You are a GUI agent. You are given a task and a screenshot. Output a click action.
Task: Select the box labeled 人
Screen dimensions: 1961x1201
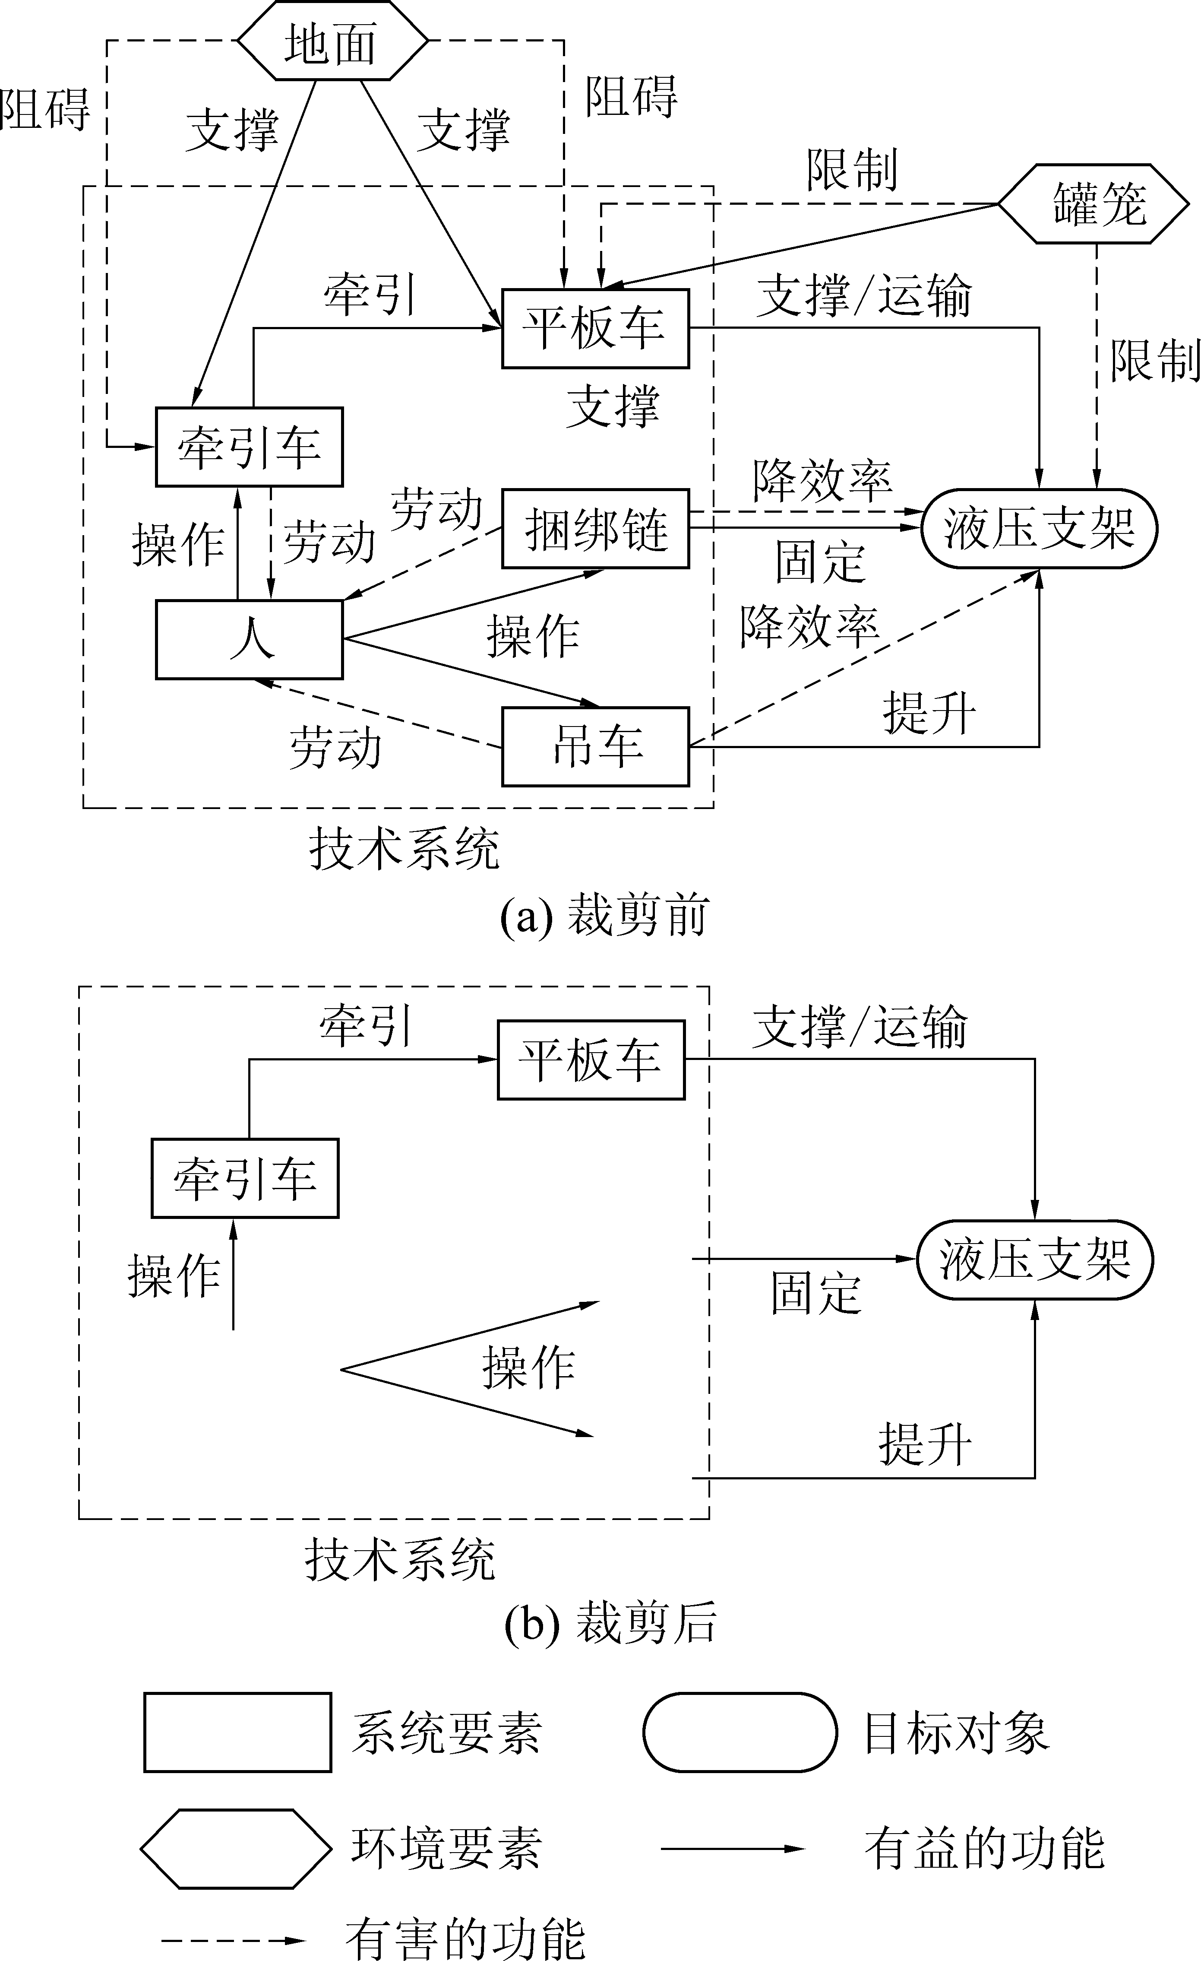click(249, 640)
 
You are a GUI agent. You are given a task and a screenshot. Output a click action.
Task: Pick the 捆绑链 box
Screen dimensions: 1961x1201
click(595, 528)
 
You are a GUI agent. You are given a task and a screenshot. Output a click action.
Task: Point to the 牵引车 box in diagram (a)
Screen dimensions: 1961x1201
click(249, 447)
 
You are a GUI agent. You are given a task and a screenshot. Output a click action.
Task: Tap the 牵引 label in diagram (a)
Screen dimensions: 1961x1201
click(370, 295)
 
